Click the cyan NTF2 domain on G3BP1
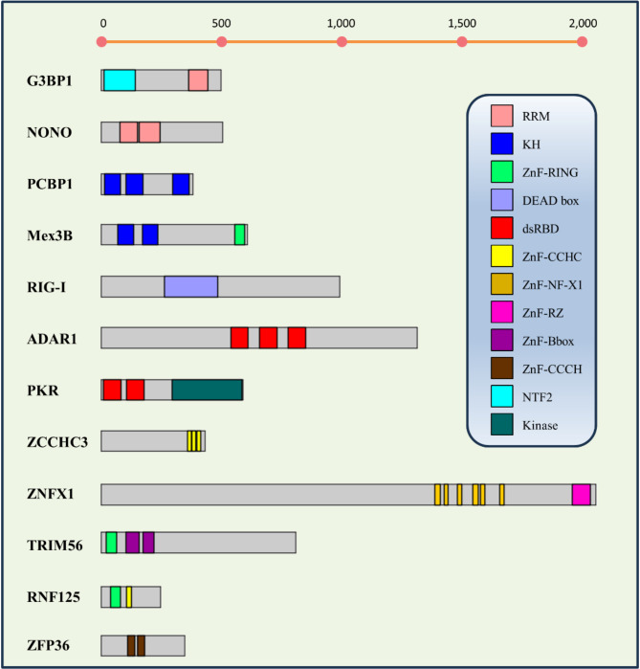120,80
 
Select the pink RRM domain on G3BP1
198,80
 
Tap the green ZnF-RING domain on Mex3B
239,234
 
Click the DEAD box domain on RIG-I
191,286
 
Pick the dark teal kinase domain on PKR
208,390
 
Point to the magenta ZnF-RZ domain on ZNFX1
581,495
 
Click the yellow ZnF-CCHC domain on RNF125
129,597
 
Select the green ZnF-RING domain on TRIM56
112,543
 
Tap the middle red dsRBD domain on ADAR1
268,338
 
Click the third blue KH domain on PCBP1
181,185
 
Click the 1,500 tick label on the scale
462,23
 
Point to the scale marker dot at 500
222,42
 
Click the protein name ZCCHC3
57,442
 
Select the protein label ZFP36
48,645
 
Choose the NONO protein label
49,132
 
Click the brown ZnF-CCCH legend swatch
502,368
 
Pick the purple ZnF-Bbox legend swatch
502,340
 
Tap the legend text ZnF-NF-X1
552,284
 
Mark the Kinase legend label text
540,425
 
